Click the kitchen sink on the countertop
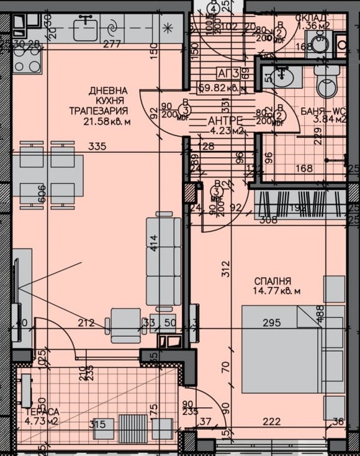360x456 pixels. coord(85,28)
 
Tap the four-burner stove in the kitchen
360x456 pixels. coord(27,59)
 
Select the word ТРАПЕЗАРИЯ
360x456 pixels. coord(99,111)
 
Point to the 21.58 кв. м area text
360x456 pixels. coord(107,122)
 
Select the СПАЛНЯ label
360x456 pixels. coord(272,281)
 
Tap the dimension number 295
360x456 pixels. coord(272,322)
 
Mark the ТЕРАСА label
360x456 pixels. coord(42,412)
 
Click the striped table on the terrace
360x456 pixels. coord(132,427)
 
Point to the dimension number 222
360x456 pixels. coord(272,422)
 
